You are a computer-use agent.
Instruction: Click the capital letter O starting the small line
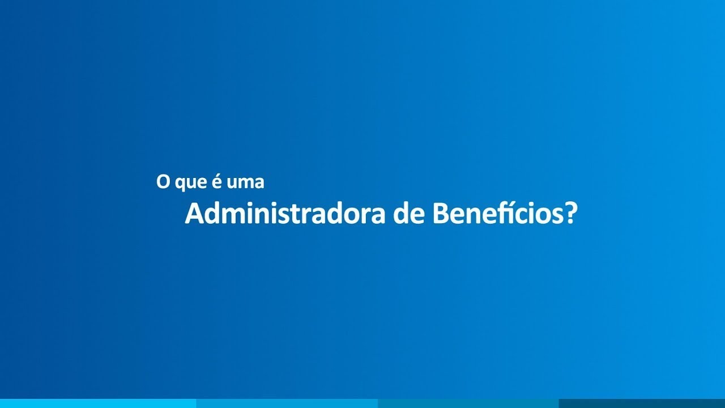point(163,182)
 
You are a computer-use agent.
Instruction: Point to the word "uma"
point(245,183)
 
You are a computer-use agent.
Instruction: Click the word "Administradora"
point(285,214)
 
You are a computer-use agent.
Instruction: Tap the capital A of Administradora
point(195,214)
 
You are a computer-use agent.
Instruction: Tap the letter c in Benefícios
point(525,216)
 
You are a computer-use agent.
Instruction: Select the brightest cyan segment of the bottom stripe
point(98,403)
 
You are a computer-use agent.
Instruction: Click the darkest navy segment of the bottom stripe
point(642,403)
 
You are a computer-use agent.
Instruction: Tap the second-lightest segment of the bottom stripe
point(287,403)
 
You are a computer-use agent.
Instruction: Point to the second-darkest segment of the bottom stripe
point(468,403)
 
